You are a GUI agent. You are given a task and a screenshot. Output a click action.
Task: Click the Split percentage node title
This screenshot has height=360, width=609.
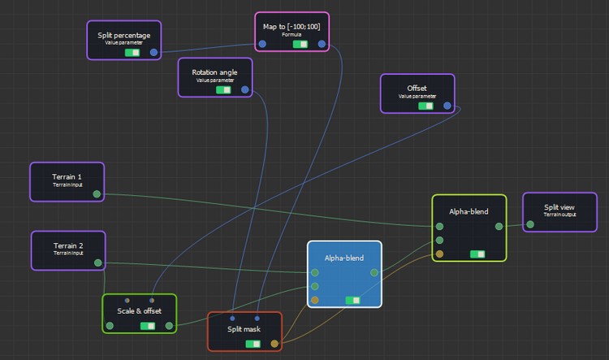124,36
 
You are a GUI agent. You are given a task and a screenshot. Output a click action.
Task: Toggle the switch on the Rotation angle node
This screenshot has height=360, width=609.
223,90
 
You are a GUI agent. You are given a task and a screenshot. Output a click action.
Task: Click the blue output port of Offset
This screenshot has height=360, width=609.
447,106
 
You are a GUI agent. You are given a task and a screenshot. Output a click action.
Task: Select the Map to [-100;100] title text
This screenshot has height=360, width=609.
292,27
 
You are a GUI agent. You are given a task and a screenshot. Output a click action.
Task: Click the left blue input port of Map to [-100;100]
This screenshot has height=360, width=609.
262,44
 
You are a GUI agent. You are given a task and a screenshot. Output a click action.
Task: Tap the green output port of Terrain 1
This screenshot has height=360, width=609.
97,194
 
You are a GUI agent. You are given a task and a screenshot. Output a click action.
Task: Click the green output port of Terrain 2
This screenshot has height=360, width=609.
98,262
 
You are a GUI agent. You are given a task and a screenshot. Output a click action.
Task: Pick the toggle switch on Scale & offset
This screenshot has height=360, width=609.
148,326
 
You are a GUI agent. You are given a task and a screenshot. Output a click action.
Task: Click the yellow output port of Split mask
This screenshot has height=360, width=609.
274,344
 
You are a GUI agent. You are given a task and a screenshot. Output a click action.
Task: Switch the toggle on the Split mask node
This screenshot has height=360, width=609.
253,344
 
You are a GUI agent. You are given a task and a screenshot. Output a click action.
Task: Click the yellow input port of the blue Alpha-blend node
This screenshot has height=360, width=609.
315,300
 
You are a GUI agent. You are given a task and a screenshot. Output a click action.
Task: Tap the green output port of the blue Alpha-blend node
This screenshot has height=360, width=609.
374,272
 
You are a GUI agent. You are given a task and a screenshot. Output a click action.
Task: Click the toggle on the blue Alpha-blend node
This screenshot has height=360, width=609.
352,300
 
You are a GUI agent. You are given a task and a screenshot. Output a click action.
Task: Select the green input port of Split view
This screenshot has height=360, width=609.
530,224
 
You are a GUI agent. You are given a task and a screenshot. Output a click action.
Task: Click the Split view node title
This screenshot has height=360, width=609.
559,207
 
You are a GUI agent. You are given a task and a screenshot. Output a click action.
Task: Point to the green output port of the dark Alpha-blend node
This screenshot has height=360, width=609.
499,226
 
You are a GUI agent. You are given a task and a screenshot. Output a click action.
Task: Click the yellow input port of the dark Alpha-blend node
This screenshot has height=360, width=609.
439,254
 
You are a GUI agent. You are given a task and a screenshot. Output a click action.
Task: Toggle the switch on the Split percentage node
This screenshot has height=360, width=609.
132,53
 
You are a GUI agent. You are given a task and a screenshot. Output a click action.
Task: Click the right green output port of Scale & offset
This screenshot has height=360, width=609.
170,326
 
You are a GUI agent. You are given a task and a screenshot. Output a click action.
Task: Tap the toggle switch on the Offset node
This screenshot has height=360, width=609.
425,106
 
